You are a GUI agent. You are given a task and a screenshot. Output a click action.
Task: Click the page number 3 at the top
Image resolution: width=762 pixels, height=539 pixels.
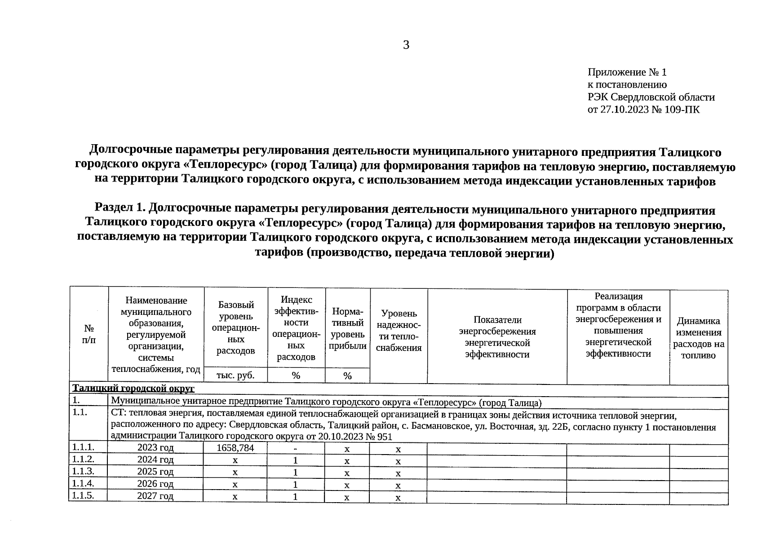[x=406, y=45]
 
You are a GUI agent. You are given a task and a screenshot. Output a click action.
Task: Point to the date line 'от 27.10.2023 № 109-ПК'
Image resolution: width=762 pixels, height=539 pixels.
[x=643, y=110]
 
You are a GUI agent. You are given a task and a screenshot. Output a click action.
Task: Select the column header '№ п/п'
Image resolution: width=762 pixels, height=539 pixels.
[x=89, y=335]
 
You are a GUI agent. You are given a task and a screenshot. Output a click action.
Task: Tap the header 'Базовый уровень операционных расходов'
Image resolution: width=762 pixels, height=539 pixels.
[x=235, y=327]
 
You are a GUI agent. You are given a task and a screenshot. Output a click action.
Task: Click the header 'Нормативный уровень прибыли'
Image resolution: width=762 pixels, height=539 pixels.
[x=347, y=329]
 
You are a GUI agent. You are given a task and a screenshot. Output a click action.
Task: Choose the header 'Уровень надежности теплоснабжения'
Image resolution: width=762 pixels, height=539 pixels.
[x=399, y=331]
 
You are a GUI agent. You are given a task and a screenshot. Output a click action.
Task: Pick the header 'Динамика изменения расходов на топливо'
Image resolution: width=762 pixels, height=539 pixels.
[x=698, y=338]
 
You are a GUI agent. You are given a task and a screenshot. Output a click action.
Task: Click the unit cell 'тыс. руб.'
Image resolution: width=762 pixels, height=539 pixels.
[x=235, y=376]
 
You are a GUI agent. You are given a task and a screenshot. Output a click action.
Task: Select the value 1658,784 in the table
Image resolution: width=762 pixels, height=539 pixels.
[x=235, y=448]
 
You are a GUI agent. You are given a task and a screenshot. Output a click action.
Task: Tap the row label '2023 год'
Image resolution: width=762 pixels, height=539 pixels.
[x=155, y=448]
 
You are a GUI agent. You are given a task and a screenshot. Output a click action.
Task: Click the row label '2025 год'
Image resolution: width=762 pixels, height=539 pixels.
[x=155, y=472]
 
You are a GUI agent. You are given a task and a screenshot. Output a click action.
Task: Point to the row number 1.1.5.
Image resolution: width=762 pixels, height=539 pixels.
[x=83, y=495]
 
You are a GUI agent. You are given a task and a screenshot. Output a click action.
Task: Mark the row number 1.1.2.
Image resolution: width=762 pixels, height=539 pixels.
[x=83, y=459]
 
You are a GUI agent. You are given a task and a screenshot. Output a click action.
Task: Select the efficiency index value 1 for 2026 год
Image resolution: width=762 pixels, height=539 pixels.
[x=295, y=485]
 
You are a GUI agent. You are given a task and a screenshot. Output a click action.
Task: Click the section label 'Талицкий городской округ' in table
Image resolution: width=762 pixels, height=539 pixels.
[x=133, y=388]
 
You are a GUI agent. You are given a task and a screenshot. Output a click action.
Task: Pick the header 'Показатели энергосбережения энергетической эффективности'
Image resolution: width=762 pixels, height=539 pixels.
[x=497, y=337]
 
